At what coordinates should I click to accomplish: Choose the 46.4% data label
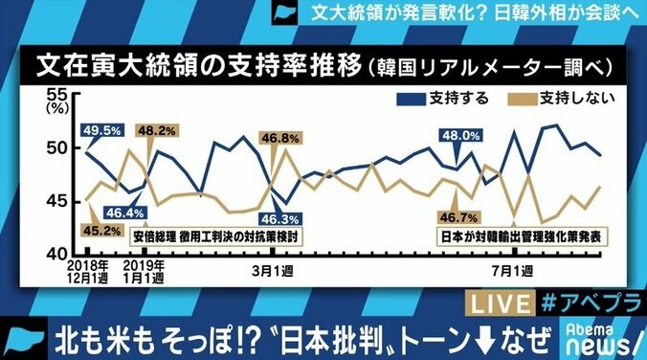[126, 213]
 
